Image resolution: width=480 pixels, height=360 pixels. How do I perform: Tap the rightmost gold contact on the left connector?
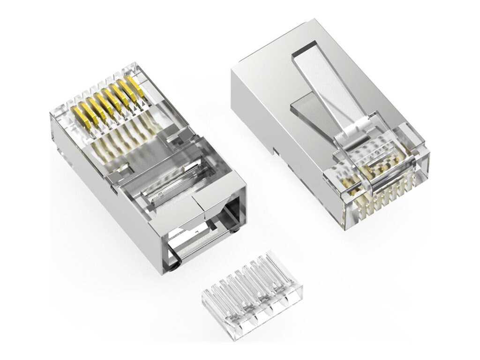click(x=135, y=87)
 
